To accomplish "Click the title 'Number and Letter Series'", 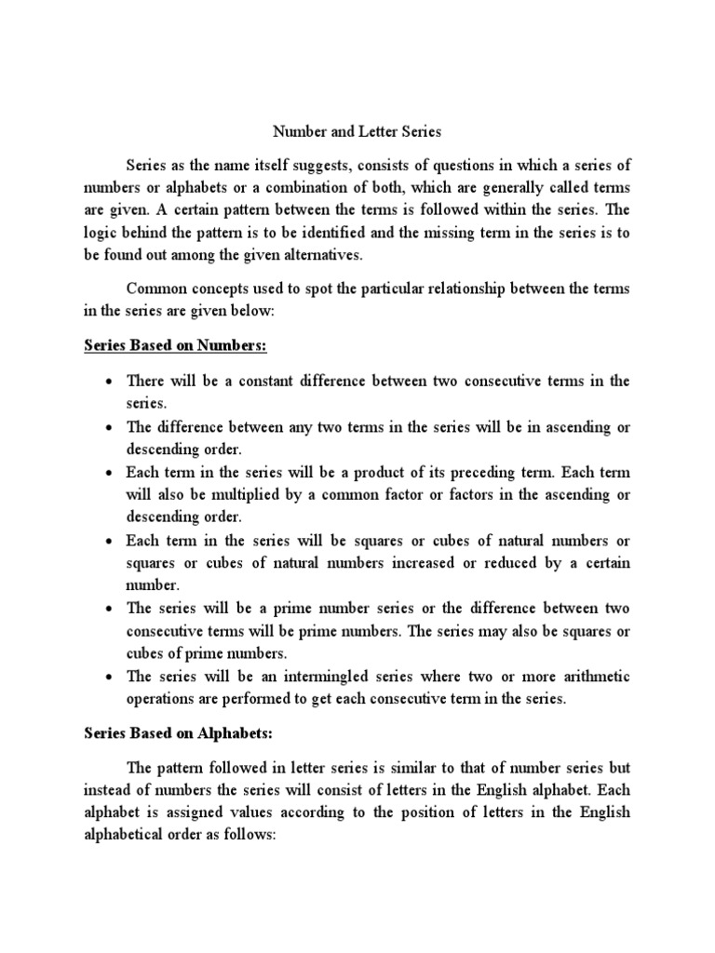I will (357, 133).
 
